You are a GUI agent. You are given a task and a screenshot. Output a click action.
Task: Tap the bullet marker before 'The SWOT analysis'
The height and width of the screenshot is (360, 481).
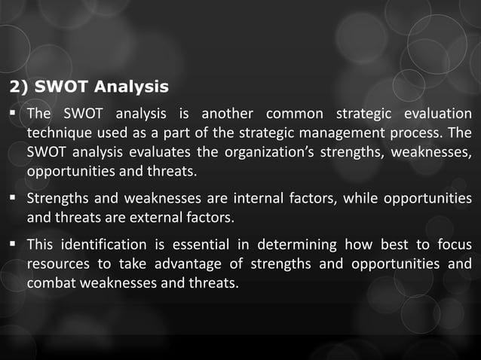pos(14,114)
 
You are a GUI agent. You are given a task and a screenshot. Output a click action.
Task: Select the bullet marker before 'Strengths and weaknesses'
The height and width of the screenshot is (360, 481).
pos(14,199)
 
